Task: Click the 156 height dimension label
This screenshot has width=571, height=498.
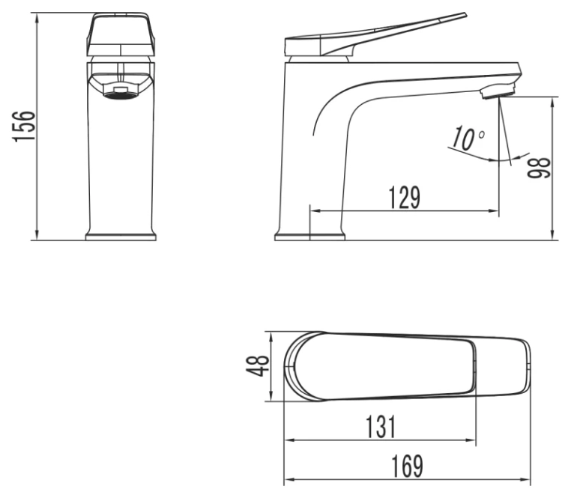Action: click(x=24, y=126)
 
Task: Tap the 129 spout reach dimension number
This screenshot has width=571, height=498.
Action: click(x=404, y=198)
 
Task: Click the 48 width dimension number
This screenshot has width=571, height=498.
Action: click(x=258, y=365)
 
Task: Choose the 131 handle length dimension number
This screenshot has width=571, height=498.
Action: click(x=380, y=427)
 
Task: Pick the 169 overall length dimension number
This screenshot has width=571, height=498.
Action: click(x=407, y=467)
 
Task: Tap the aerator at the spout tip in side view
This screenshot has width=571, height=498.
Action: click(x=498, y=91)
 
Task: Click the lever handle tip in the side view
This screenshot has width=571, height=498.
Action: click(x=463, y=15)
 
